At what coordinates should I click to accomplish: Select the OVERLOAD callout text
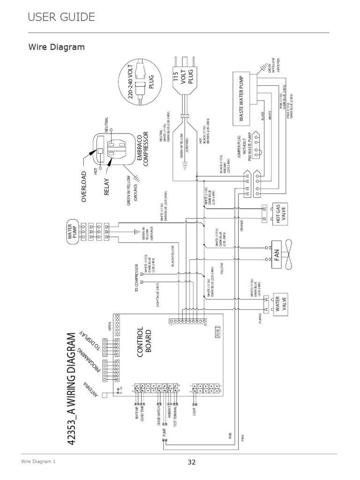(x=84, y=186)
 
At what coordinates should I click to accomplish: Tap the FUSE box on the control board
(x=218, y=332)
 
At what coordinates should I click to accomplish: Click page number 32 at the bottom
(x=191, y=462)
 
